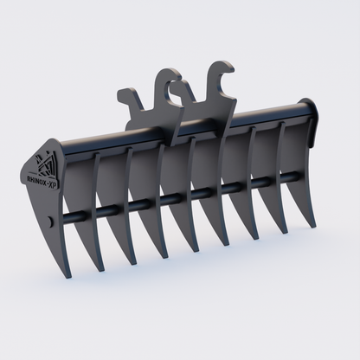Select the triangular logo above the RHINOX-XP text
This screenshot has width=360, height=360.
click(x=44, y=164)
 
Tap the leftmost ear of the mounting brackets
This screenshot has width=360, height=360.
click(x=126, y=94)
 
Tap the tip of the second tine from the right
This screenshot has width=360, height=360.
click(x=284, y=235)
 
